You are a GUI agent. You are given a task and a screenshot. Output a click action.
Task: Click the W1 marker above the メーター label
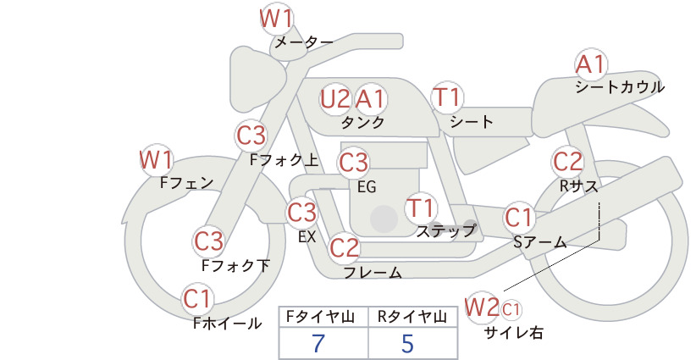pos(276,19)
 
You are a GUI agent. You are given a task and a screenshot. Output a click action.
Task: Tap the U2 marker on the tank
pos(335,99)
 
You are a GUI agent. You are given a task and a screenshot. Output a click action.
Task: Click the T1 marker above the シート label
pos(447,97)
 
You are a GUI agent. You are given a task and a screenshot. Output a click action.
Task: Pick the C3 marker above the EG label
pos(353,163)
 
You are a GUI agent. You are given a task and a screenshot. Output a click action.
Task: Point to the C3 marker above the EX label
pos(301,213)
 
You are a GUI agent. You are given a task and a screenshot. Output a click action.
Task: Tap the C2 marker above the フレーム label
pos(345,247)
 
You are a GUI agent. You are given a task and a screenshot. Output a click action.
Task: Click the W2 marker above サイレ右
pos(482,307)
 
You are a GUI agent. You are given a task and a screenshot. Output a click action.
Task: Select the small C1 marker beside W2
pos(511,309)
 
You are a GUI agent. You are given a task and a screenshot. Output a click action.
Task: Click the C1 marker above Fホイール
pos(197,299)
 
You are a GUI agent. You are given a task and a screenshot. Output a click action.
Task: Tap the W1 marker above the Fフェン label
pos(156,160)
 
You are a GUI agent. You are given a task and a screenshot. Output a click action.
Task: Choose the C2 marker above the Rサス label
pos(567,162)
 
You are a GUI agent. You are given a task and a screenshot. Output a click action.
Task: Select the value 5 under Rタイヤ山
pos(407,344)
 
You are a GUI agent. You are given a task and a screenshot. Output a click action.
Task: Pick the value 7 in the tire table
pos(318,344)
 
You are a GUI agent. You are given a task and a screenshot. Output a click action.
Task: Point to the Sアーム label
pos(540,242)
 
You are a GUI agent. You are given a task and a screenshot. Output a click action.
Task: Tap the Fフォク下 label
pos(235,265)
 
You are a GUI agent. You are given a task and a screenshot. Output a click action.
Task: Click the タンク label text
pos(362,123)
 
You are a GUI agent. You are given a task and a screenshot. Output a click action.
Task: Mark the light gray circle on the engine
pos(384,219)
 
